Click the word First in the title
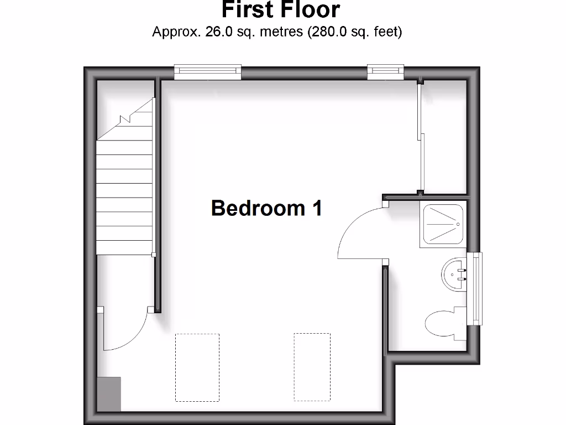pyautogui.click(x=248, y=10)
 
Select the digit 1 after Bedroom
pyautogui.click(x=317, y=208)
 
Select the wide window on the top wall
pyautogui.click(x=208, y=70)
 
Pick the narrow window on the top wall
pyautogui.click(x=385, y=70)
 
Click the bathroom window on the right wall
pyautogui.click(x=474, y=288)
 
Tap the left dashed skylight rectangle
pyautogui.click(x=197, y=367)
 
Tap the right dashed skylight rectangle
pyautogui.click(x=312, y=367)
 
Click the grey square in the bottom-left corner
pyautogui.click(x=109, y=393)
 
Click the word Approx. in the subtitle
pyautogui.click(x=176, y=32)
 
